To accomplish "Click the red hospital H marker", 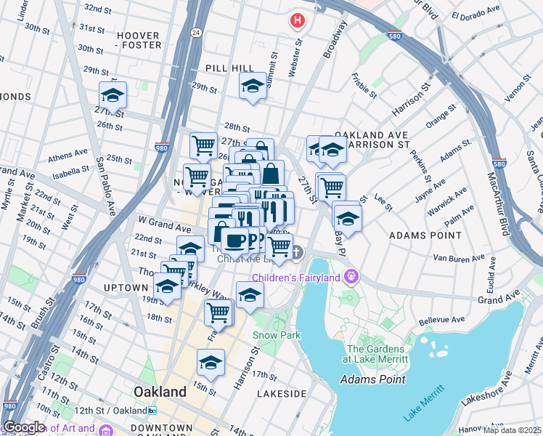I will (296, 20).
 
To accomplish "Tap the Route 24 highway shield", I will (196, 33).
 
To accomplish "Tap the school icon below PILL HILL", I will (253, 86).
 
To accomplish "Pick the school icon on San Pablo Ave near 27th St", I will (113, 95).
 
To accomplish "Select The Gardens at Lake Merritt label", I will (376, 353).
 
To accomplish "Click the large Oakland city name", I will (160, 392).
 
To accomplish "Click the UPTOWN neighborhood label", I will (125, 288).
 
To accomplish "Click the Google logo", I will (25, 427).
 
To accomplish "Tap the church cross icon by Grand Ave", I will (297, 252).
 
